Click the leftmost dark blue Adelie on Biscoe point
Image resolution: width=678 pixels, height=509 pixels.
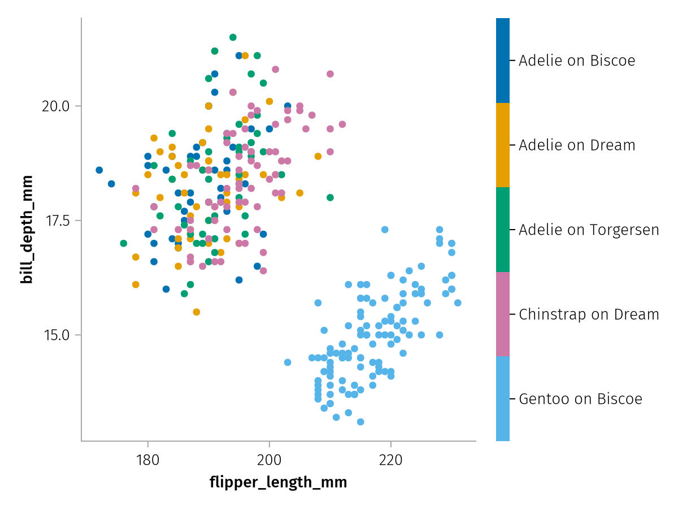[x=99, y=170]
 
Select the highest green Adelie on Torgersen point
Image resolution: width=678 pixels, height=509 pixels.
[x=233, y=37]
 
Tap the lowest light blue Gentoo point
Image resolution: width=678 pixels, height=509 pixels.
[x=360, y=422]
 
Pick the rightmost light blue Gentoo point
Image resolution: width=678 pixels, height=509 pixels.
[x=458, y=303]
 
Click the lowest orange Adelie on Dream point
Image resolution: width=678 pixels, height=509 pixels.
[x=197, y=312]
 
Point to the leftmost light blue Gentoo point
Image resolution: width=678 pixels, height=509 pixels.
[x=288, y=363]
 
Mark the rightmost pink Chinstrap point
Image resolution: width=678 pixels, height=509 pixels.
[x=342, y=124]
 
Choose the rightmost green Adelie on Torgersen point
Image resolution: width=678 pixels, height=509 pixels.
[x=330, y=197]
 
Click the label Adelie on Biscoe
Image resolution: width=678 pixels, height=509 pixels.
[x=577, y=61]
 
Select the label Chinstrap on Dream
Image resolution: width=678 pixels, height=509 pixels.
[x=589, y=314]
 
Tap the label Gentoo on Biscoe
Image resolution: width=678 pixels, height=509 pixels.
[x=580, y=399]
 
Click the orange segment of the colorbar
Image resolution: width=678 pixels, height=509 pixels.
[x=503, y=145]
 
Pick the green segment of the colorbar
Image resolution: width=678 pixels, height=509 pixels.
[x=503, y=230]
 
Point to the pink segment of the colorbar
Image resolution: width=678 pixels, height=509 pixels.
[x=503, y=314]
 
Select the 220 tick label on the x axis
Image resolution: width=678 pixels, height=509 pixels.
[x=390, y=459]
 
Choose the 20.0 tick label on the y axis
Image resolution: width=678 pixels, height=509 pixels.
[x=55, y=106]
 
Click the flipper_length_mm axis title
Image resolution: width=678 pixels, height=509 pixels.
[x=278, y=482]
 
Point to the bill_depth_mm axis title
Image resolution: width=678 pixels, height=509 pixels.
[x=26, y=230]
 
